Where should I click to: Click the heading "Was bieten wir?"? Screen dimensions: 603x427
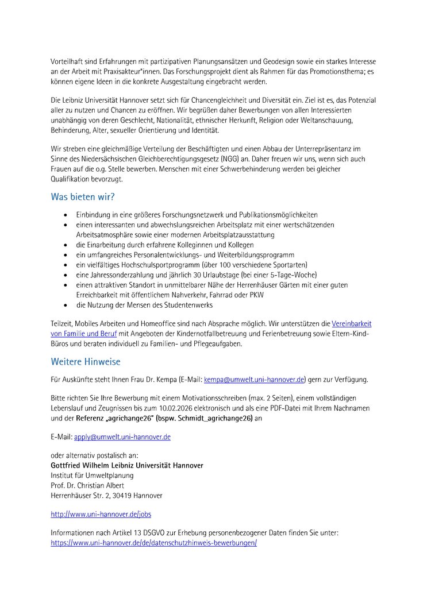(x=83, y=197)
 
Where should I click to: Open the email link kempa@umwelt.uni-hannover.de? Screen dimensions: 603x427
(x=254, y=380)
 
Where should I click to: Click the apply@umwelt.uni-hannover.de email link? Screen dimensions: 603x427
(x=122, y=437)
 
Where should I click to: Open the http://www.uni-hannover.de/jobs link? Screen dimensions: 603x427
(x=101, y=515)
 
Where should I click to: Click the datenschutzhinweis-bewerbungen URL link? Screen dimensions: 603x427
(x=153, y=542)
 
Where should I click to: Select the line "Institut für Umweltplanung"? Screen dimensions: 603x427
(x=92, y=476)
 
